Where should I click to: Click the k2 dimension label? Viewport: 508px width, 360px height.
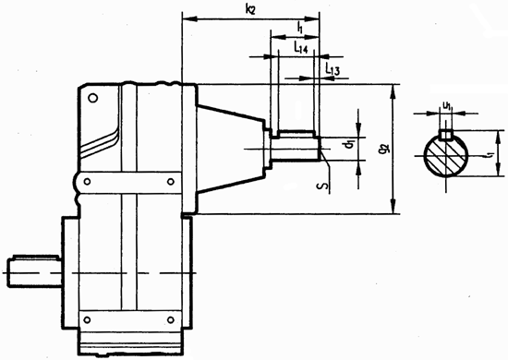click(x=250, y=8)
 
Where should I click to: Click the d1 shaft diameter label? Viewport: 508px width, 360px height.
click(x=345, y=145)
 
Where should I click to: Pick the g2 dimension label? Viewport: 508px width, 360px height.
click(x=380, y=146)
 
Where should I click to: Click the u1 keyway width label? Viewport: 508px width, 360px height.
click(x=446, y=106)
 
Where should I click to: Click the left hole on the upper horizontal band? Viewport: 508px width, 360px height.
click(x=88, y=183)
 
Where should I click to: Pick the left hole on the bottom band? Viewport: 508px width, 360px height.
click(x=88, y=319)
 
